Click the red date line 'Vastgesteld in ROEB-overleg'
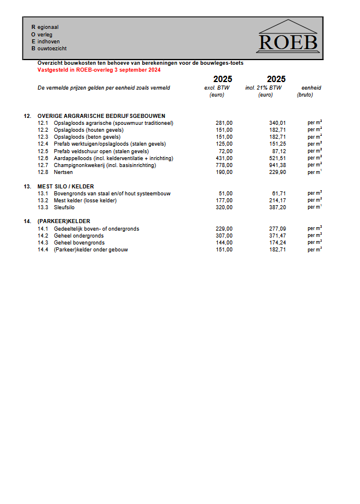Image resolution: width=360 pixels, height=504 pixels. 99,70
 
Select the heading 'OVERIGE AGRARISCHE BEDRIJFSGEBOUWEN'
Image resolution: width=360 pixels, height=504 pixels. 101,116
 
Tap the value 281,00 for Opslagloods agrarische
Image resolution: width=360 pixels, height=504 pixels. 224,123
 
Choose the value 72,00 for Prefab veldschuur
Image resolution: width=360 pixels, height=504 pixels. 225,151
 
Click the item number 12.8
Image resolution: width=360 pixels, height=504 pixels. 43,172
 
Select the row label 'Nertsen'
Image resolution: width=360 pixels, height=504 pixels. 64,172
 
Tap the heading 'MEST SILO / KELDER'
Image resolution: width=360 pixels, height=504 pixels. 65,187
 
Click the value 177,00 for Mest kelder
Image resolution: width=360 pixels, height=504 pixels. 224,201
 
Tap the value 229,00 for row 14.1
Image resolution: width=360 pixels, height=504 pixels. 224,229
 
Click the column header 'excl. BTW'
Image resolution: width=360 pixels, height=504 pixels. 217,88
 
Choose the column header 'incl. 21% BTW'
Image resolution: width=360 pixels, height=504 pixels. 263,88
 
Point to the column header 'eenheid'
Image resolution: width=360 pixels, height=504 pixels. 311,88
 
